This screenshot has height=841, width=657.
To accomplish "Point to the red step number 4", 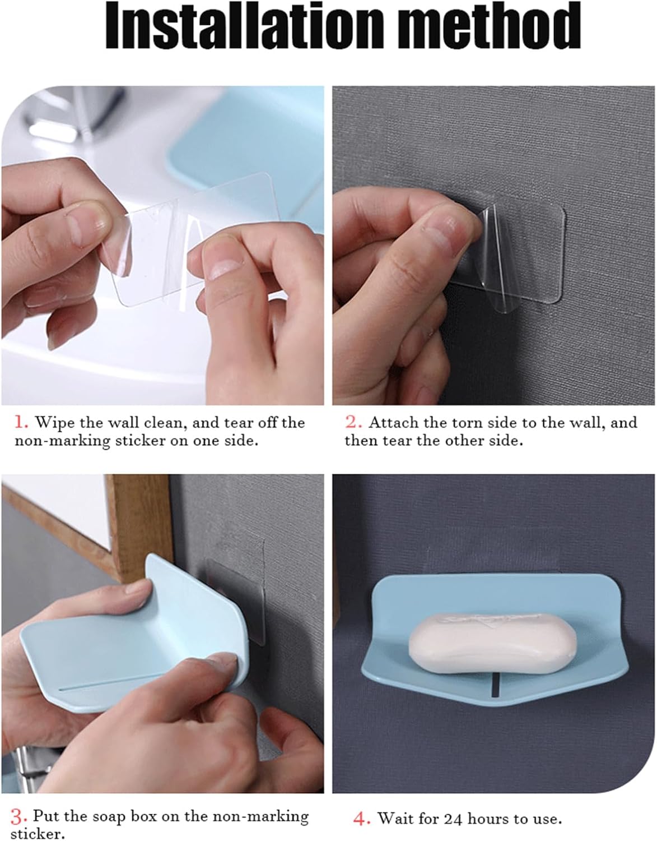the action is [362, 820].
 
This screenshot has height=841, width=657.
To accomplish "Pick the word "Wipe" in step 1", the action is [55, 423].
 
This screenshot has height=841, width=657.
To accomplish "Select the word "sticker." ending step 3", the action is [38, 834].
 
